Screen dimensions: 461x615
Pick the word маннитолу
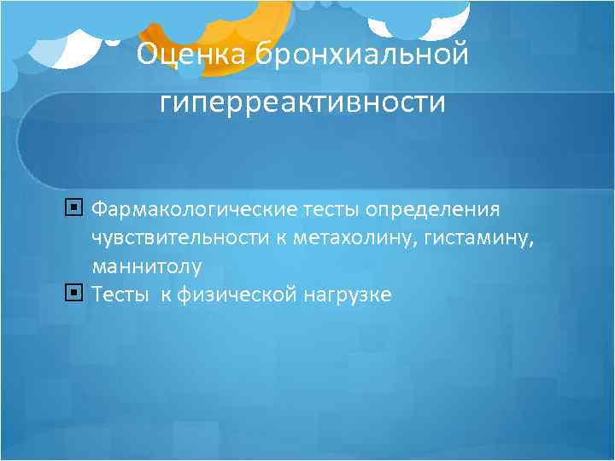click(x=147, y=266)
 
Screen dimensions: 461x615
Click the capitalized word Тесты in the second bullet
click(x=119, y=295)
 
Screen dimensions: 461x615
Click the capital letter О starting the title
click(x=148, y=55)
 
